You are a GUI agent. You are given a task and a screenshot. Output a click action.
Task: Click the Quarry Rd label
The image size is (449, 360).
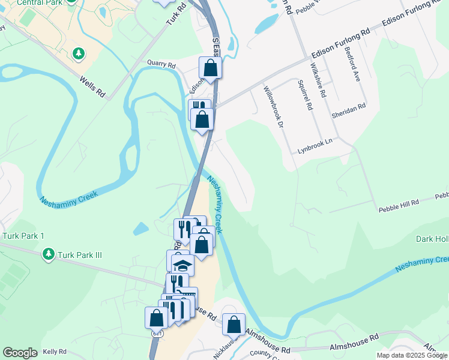tap(161, 64)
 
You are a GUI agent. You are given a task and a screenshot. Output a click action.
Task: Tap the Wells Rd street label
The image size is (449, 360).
tap(92, 85)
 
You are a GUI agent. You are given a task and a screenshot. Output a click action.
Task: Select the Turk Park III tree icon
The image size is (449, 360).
tap(48, 255)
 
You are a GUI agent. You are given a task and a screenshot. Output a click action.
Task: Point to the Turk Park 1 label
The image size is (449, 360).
tap(23, 236)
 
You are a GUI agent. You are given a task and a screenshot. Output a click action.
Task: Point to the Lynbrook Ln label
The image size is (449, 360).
tap(315, 146)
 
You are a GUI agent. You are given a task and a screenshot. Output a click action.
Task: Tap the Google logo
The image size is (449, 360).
tap(20, 353)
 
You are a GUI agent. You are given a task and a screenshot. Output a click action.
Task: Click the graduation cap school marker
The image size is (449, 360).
tap(182, 265)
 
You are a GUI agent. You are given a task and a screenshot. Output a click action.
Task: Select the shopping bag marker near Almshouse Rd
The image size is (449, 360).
tap(234, 324)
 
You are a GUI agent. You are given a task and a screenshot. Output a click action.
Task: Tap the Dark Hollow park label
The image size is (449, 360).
tap(432, 239)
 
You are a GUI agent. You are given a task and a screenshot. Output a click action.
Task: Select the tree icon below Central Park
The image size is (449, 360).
tap(78, 55)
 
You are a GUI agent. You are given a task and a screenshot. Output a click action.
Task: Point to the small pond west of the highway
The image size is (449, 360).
tap(140, 229)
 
